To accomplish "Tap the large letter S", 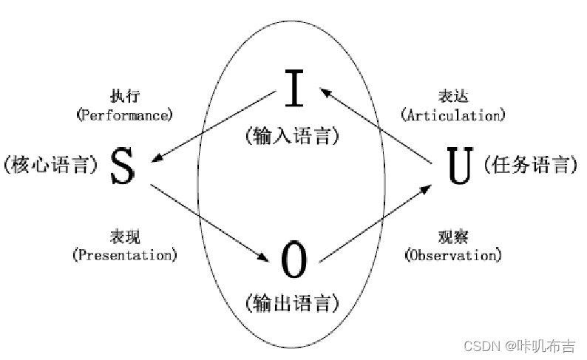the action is pyautogui.click(x=123, y=166).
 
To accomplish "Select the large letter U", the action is pyautogui.click(x=459, y=166).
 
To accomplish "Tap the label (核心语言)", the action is pyautogui.click(x=51, y=165).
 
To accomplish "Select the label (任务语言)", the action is pyautogui.click(x=529, y=165).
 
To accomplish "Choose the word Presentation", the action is pyautogui.click(x=125, y=255).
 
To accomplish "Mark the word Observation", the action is pyautogui.click(x=452, y=255).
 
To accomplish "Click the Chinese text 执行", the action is pyautogui.click(x=124, y=97).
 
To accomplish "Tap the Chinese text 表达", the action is pyautogui.click(x=452, y=97).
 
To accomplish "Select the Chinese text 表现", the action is pyautogui.click(x=124, y=237).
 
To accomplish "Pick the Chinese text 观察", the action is pyautogui.click(x=452, y=237).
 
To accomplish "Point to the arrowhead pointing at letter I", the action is pyautogui.click(x=325, y=90).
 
